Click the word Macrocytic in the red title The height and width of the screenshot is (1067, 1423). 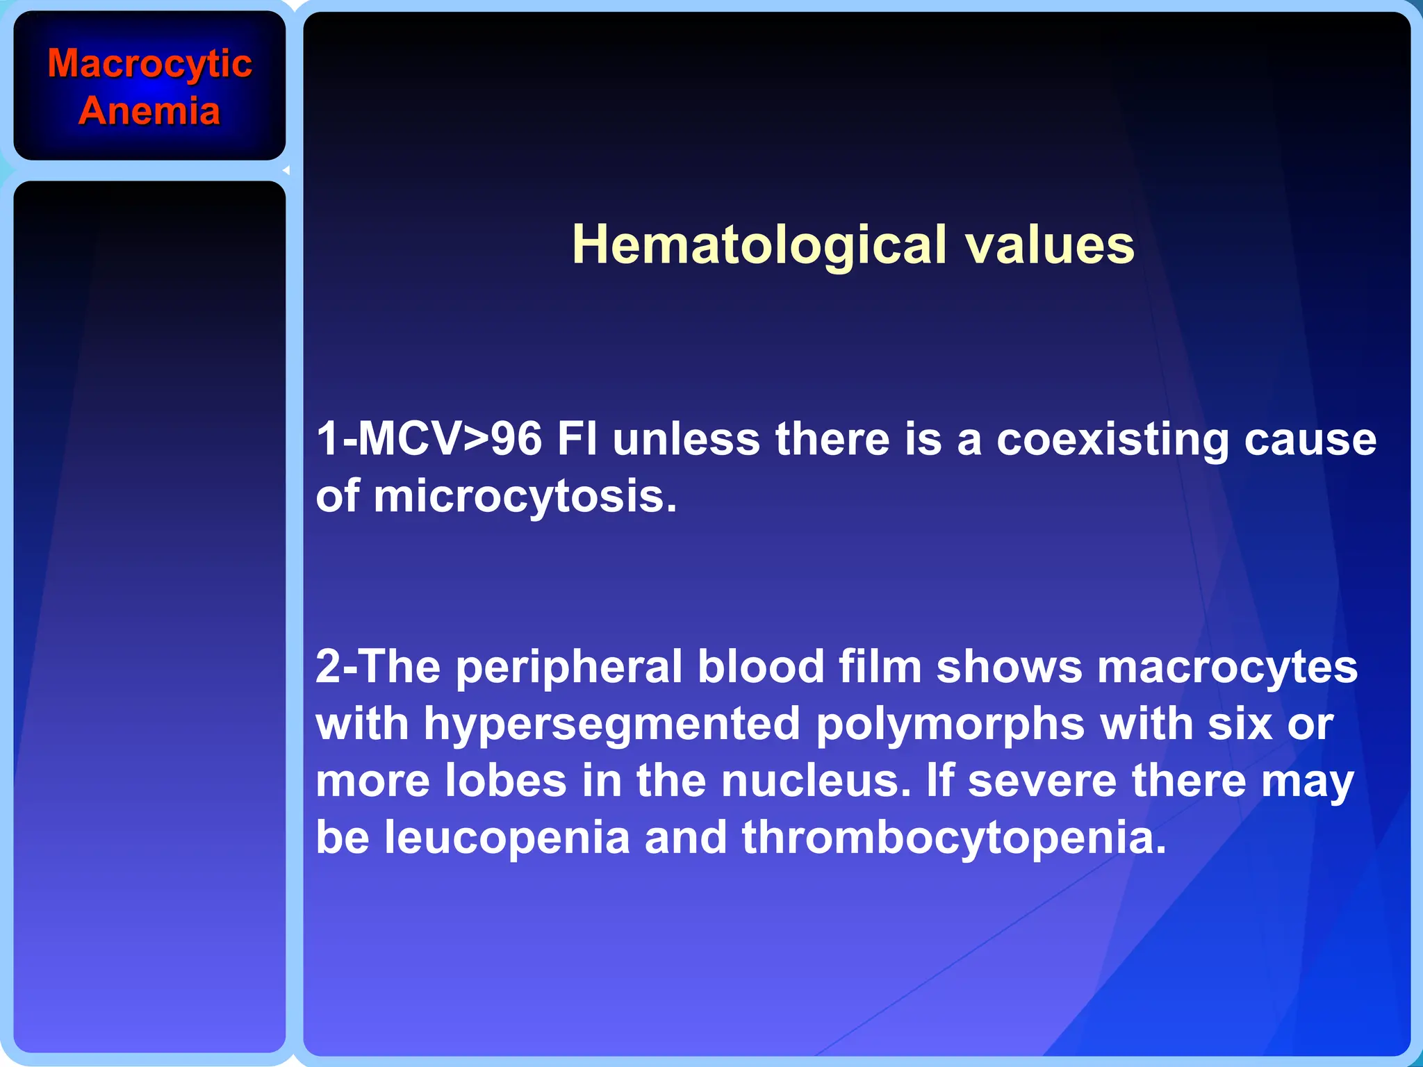click(149, 65)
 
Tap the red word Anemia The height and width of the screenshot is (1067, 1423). click(149, 111)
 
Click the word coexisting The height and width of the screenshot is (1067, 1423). click(1112, 439)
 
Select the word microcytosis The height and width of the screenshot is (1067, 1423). click(525, 497)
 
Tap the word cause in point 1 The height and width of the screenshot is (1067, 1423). click(1310, 439)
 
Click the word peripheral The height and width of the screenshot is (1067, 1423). click(569, 667)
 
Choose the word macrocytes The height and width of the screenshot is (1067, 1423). click(1227, 667)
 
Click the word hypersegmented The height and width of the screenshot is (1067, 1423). click(611, 724)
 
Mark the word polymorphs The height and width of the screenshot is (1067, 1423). click(950, 724)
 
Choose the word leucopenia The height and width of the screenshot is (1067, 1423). click(507, 838)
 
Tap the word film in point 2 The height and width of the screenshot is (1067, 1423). click(880, 667)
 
